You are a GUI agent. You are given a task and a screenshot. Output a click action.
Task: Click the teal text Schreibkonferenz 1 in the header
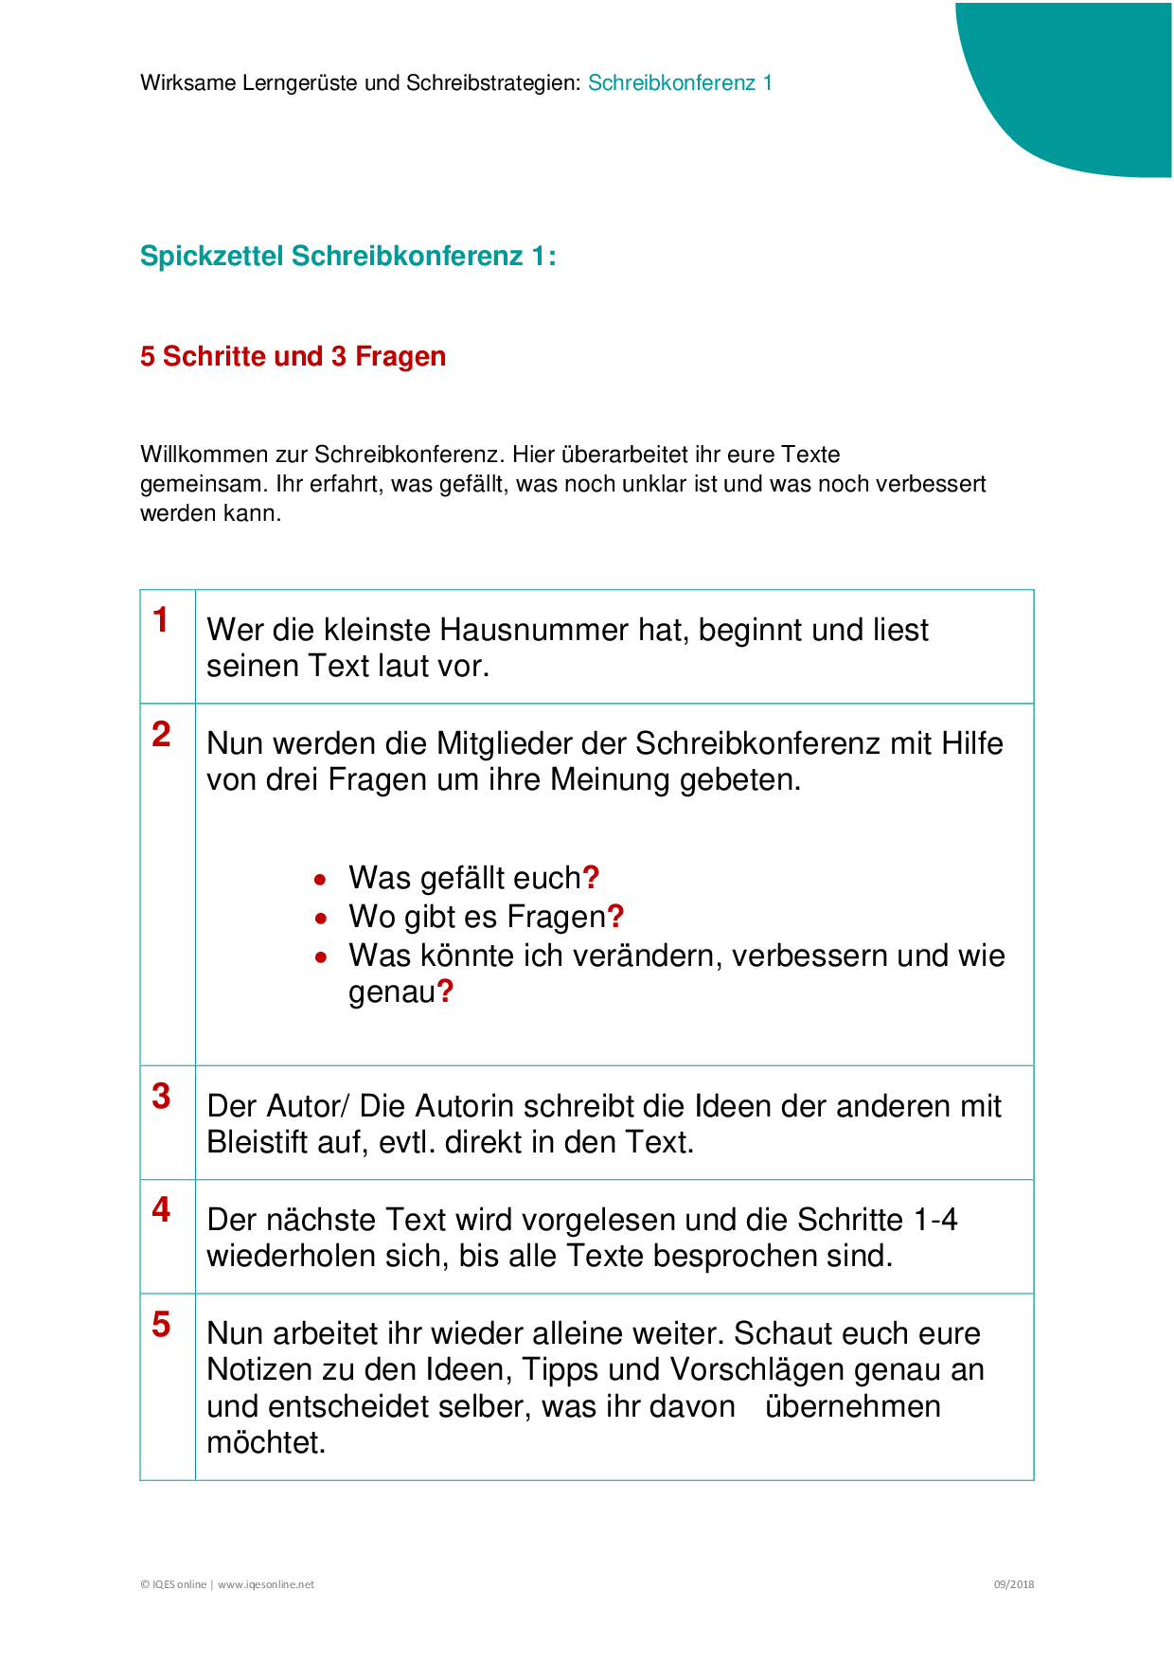coord(680,83)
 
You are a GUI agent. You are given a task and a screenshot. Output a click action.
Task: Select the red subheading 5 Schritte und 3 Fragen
coord(293,357)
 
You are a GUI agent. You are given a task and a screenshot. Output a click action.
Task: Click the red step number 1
coord(161,620)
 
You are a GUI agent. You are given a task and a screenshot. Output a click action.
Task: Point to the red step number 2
coord(161,734)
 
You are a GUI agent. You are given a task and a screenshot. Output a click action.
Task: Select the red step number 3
coord(161,1097)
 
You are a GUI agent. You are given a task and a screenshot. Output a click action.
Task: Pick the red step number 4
coord(161,1210)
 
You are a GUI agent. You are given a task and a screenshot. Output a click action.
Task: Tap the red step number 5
coord(161,1325)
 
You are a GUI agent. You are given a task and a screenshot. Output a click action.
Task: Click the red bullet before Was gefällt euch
coord(321,880)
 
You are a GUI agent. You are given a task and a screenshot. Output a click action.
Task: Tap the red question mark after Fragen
coord(615,917)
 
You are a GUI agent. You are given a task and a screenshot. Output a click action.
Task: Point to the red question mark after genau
coord(445,992)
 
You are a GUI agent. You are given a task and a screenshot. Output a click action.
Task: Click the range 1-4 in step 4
coord(934,1220)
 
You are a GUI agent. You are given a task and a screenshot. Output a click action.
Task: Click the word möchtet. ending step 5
coord(266,1443)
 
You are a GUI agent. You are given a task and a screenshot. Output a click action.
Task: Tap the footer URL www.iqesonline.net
coord(266,1584)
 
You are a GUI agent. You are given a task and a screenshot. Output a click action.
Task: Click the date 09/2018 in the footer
coord(1013,1584)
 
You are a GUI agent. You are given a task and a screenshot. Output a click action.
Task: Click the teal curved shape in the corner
coord(1089,85)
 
